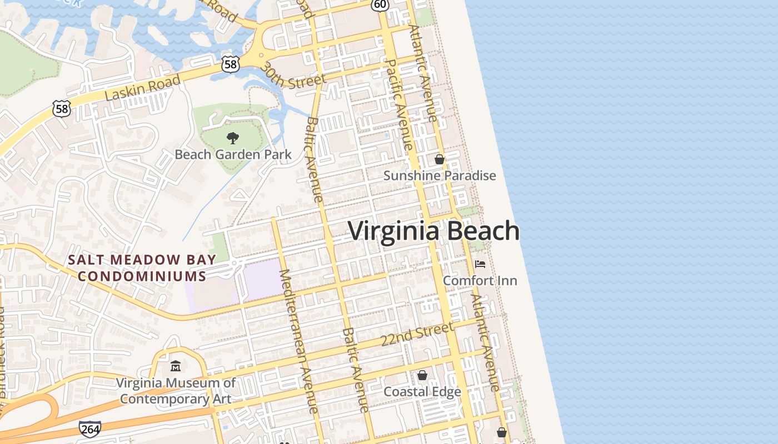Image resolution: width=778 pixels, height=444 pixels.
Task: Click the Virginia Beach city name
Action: click(x=433, y=231)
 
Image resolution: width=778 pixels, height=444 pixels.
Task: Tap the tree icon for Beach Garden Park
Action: click(x=233, y=138)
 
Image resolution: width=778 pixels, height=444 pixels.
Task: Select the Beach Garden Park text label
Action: click(x=233, y=154)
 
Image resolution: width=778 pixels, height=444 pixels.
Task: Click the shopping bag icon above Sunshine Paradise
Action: click(x=440, y=160)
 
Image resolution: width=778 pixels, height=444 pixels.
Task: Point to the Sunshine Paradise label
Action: click(x=440, y=176)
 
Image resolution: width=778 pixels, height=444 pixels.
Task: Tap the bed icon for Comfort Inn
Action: click(x=480, y=264)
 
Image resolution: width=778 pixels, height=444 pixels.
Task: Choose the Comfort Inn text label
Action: click(x=480, y=280)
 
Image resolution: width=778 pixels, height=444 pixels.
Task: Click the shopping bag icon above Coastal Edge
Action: click(x=422, y=375)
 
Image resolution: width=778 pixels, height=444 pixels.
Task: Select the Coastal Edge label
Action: click(x=422, y=392)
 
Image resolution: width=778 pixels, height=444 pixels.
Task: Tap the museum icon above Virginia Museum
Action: click(x=176, y=366)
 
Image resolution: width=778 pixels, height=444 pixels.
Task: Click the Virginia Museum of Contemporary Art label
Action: click(x=176, y=391)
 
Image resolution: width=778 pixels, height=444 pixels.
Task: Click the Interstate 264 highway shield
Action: click(x=90, y=428)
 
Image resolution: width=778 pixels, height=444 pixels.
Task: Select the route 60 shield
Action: click(x=380, y=4)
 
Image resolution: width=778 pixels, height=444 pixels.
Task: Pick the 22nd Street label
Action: click(x=417, y=334)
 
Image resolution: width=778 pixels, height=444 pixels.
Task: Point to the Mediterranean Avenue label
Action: click(x=299, y=341)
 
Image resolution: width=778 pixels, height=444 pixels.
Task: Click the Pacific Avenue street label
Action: click(x=398, y=104)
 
